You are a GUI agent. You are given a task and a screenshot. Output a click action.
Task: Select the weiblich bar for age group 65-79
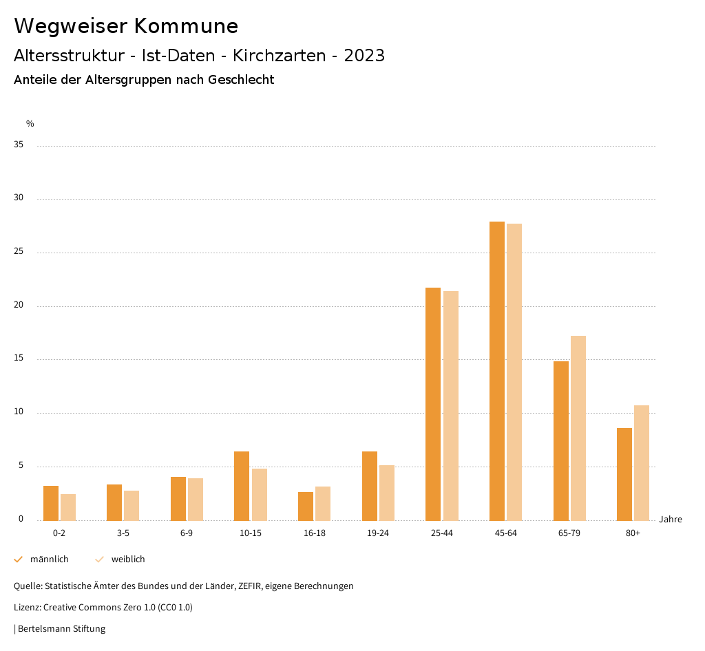click(x=578, y=427)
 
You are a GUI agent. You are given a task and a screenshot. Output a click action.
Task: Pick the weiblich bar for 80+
click(x=642, y=462)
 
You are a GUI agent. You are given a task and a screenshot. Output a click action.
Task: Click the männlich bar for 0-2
click(x=51, y=503)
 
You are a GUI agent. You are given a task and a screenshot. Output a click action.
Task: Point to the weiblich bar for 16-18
click(x=323, y=503)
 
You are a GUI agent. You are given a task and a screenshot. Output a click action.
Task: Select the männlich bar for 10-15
click(x=242, y=486)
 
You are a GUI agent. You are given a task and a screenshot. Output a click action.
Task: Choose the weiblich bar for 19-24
click(x=387, y=493)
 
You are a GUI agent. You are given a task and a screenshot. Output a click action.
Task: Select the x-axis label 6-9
click(x=187, y=533)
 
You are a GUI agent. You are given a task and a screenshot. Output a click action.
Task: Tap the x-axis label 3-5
click(x=123, y=533)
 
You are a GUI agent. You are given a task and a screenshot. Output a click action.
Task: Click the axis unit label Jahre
click(x=671, y=520)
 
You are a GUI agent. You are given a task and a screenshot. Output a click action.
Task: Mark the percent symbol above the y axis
click(x=30, y=124)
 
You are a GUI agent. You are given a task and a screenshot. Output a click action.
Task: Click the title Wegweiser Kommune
click(x=126, y=26)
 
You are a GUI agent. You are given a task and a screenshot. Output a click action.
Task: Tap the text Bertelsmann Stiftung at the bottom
click(x=61, y=628)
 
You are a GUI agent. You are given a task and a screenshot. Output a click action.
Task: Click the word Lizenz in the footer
click(x=27, y=608)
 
